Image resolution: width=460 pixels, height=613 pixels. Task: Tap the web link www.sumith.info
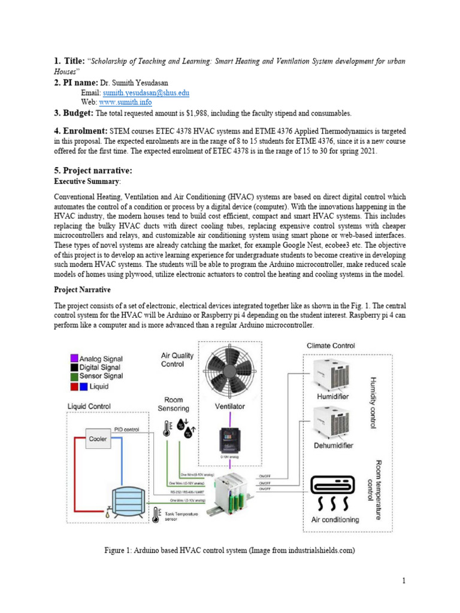pos(127,102)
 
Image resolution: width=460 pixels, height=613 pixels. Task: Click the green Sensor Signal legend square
pos(73,376)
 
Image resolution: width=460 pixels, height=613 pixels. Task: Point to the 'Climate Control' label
pos(331,345)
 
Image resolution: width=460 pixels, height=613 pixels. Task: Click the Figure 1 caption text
pos(229,550)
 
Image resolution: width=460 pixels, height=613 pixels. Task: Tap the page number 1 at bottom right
pos(404,580)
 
